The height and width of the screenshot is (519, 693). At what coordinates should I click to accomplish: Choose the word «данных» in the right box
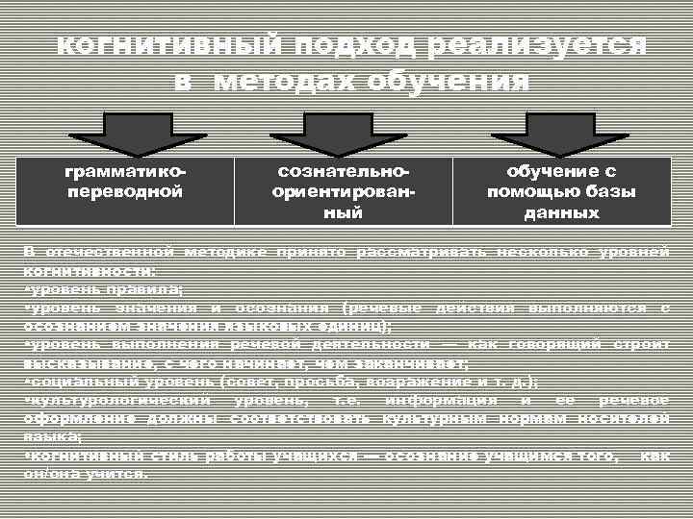pyautogui.click(x=561, y=211)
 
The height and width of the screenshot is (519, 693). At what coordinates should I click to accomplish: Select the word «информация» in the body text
pyautogui.click(x=440, y=400)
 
